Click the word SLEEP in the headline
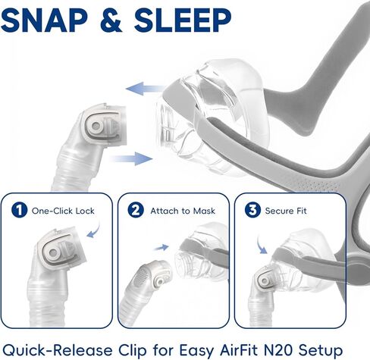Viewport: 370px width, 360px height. click(x=187, y=20)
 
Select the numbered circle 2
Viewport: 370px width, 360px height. click(x=137, y=210)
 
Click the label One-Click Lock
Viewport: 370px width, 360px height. click(x=63, y=211)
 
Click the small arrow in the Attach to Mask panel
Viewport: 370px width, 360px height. click(x=161, y=246)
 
